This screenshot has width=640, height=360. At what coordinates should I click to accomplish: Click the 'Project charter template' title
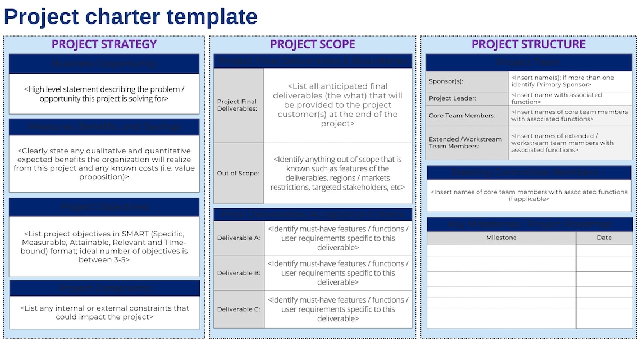[x=130, y=16]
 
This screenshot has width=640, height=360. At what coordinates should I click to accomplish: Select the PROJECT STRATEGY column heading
[x=104, y=44]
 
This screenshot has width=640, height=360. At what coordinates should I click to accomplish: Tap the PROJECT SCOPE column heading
[x=312, y=44]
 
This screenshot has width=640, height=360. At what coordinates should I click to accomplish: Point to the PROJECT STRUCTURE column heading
[x=528, y=44]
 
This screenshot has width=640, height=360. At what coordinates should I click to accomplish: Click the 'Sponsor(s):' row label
[x=446, y=81]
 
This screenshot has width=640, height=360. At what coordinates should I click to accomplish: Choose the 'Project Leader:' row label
[x=452, y=98]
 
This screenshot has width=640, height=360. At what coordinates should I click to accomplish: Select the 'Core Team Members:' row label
[x=462, y=116]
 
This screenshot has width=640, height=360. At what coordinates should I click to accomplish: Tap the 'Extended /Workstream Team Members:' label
[x=465, y=143]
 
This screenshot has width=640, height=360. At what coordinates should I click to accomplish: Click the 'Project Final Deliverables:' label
[x=237, y=105]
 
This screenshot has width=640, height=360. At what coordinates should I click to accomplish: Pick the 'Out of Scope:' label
[x=238, y=174]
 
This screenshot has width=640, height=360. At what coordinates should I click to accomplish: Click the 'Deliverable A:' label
[x=239, y=238]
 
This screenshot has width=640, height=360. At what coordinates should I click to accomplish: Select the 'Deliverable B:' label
[x=239, y=273]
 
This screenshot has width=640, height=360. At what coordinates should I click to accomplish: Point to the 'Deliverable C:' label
[x=239, y=309]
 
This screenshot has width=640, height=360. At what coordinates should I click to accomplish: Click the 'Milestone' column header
[x=501, y=238]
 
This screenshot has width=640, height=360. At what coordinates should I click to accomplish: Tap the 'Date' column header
[x=604, y=238]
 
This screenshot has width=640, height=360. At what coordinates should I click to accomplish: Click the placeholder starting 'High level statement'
[x=104, y=94]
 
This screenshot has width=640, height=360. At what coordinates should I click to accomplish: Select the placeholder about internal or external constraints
[x=104, y=312]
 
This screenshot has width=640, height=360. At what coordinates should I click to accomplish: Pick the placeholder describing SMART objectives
[x=104, y=247]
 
